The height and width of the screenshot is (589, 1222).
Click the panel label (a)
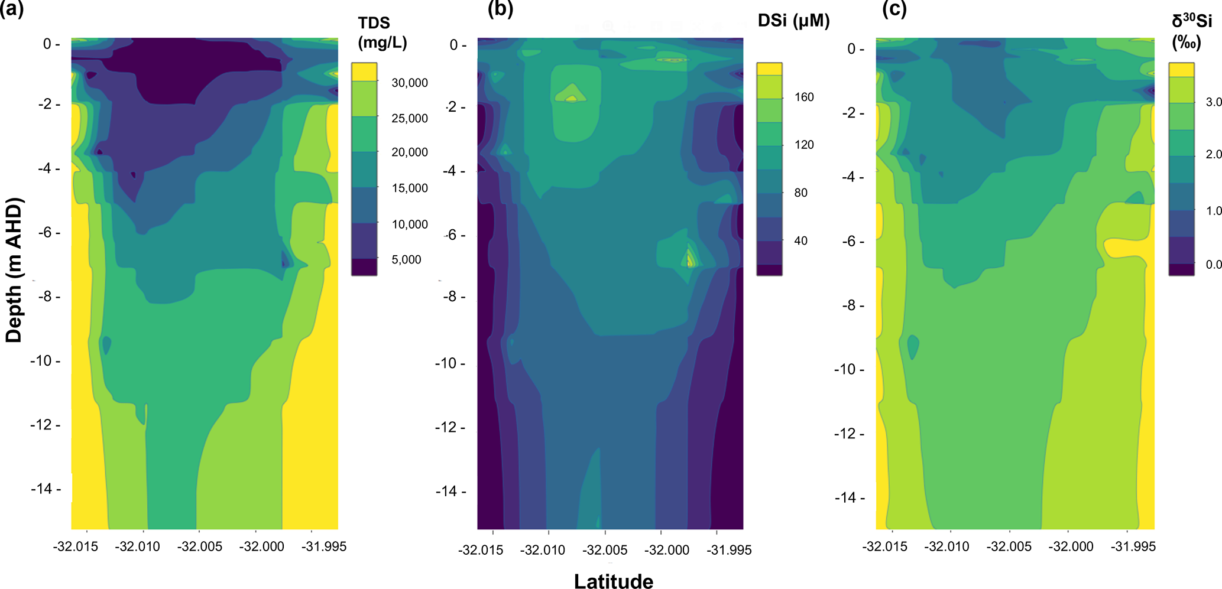[12, 9]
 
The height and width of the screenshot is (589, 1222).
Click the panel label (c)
[894, 9]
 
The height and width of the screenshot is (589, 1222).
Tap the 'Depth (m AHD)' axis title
[13, 270]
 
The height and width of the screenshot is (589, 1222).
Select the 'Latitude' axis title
[614, 581]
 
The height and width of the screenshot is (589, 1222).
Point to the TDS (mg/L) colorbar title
[382, 32]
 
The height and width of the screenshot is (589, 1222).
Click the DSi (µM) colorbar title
[793, 21]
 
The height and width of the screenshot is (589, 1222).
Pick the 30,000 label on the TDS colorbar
[409, 83]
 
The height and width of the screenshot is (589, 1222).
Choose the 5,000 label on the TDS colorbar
[406, 260]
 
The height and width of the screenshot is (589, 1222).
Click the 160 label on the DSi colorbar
[804, 97]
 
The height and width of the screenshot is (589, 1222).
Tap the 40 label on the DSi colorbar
[800, 241]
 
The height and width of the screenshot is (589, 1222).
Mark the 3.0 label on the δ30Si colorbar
[1214, 102]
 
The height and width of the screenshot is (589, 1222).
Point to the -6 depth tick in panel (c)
[851, 241]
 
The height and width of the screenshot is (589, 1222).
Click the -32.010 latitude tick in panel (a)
[137, 546]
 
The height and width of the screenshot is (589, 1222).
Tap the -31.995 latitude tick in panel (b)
[729, 550]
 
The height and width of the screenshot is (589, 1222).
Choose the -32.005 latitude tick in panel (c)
[1009, 546]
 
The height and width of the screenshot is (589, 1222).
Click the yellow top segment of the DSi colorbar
[769, 69]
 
